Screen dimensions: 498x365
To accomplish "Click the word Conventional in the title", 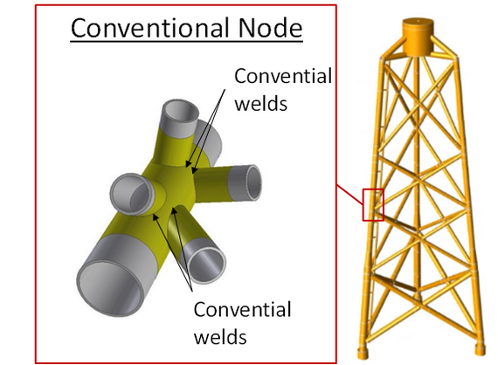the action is point(150,28).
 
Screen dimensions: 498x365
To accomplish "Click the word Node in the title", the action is point(270,28).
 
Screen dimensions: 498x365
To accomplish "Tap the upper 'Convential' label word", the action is point(283,76).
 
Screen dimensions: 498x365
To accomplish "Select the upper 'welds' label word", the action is point(260,103).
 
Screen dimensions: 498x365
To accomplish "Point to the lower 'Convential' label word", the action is point(242,309).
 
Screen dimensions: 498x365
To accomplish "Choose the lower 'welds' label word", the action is point(220,336).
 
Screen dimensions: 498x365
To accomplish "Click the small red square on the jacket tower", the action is point(373,204).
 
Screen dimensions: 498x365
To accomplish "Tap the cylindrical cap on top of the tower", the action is point(418,37).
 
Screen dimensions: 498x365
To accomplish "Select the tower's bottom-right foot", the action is point(480,350).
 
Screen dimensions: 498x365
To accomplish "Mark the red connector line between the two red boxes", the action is point(349,194).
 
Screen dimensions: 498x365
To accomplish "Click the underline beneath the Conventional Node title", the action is point(186,41).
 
